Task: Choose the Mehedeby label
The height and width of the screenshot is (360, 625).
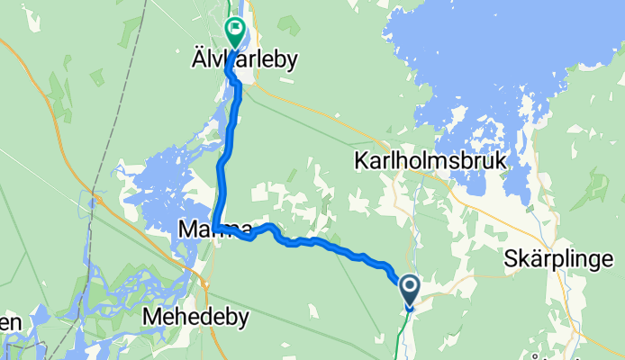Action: [195, 317]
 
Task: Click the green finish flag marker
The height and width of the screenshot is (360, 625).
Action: [235, 31]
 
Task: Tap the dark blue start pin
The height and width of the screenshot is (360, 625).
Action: [409, 289]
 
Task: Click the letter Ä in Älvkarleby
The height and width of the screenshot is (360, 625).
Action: [216, 59]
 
